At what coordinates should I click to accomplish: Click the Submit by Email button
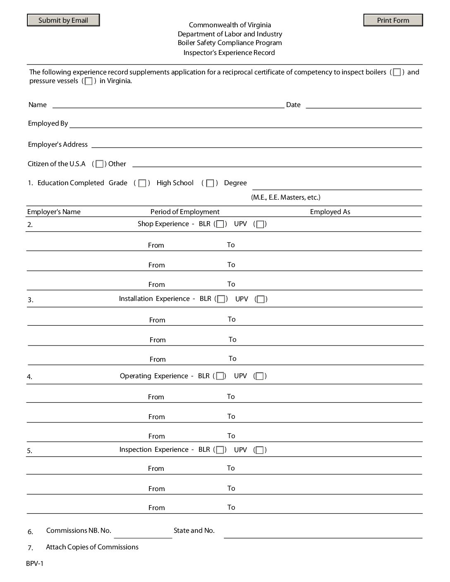point(63,20)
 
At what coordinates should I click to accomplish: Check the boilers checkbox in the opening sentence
point(397,72)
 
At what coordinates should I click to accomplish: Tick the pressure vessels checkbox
point(89,81)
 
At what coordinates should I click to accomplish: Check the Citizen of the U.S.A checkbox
point(99,164)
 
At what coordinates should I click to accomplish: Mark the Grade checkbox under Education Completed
point(142,183)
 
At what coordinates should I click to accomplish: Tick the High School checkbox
point(210,183)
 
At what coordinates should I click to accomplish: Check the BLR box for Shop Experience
point(220,224)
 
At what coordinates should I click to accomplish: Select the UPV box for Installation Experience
point(261,299)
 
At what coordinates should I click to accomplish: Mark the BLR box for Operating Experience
point(220,376)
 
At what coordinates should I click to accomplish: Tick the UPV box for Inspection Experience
point(260,450)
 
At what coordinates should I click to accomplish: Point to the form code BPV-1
point(35,564)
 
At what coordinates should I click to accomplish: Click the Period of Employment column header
point(185,212)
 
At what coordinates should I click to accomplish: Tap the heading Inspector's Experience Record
point(229,53)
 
